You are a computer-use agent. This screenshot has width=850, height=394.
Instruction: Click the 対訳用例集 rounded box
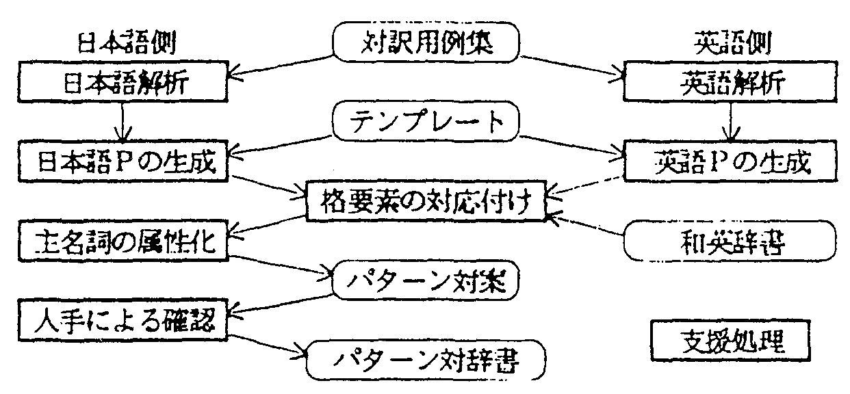coord(426,44)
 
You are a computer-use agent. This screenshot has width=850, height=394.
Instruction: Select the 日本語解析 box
coord(122,82)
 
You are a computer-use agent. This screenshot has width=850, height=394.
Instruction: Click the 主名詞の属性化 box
coord(122,242)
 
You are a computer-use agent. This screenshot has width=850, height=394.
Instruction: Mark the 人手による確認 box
coord(122,319)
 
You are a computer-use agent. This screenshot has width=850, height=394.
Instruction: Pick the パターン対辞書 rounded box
coord(424,360)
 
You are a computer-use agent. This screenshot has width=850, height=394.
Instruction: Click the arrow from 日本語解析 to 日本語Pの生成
coord(123,122)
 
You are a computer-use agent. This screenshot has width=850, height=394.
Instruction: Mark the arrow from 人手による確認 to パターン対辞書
coord(267,345)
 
